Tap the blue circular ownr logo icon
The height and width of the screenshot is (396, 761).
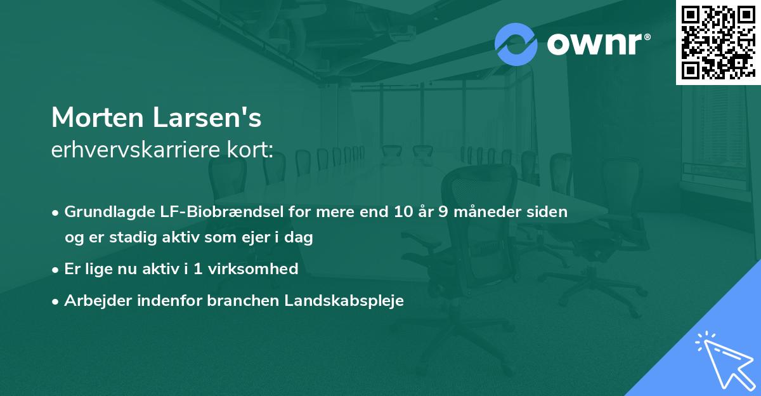516,44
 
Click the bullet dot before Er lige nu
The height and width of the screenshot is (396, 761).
56,269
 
